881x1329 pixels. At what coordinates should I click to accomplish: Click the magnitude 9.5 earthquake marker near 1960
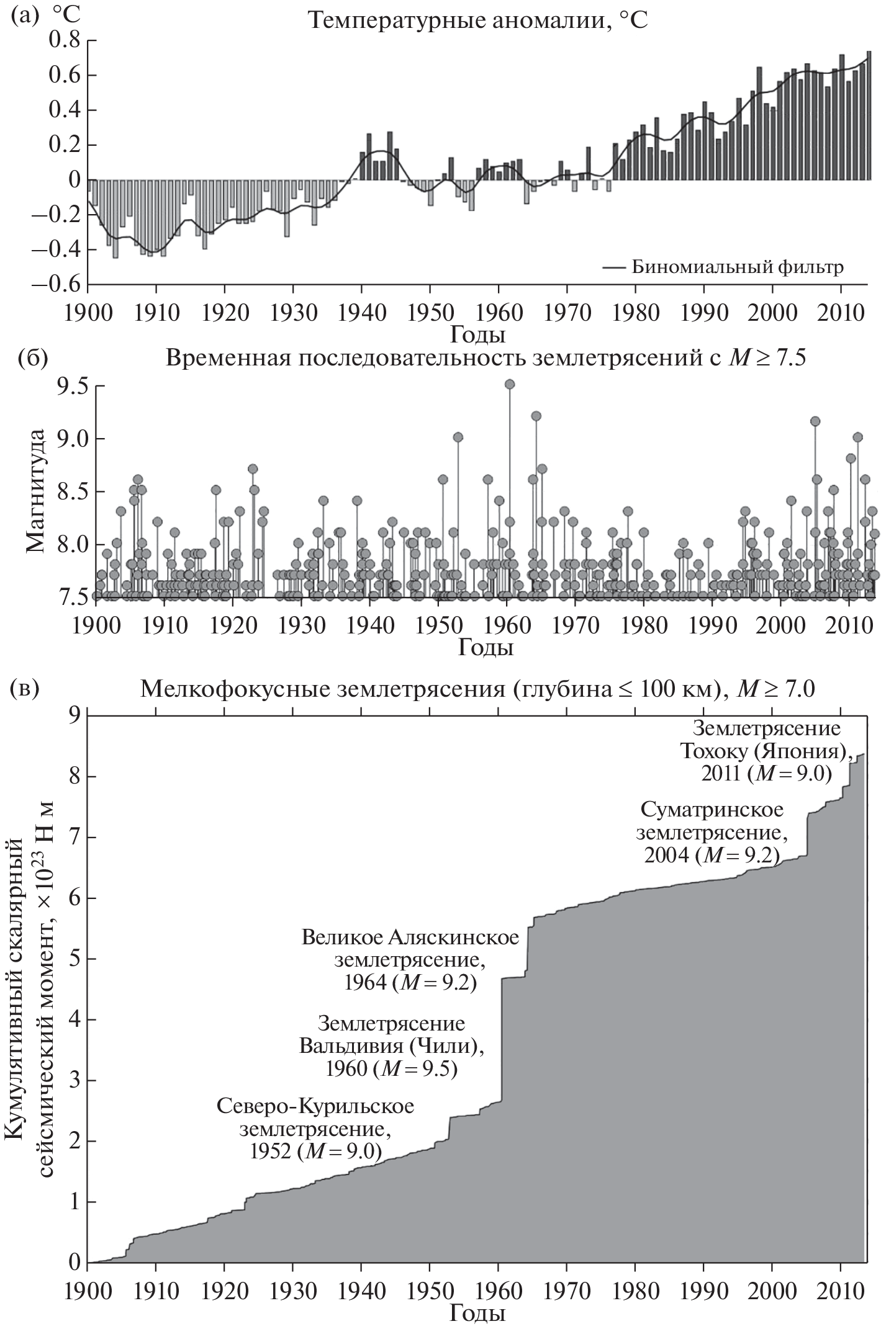click(x=510, y=384)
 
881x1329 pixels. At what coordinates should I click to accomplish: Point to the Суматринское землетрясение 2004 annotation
click(x=712, y=832)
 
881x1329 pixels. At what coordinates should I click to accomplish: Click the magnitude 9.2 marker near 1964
click(x=536, y=416)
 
